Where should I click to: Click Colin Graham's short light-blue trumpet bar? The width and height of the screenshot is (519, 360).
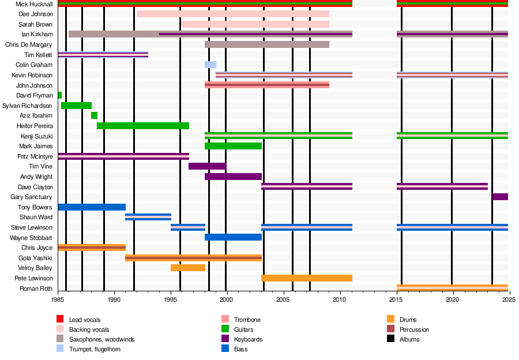210,65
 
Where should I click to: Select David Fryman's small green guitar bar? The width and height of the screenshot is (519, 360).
60,95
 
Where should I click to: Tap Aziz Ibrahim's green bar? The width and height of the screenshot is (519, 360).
95,115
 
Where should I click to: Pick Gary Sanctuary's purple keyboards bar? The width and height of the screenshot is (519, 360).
500,197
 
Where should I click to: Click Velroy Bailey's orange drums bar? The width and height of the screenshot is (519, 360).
188,268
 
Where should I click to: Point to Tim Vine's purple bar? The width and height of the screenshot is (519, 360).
208,166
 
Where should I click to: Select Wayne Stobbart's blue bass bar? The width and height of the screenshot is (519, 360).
234,237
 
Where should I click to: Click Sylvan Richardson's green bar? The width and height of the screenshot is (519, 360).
77,106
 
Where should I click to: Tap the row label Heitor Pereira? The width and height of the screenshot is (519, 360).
35,126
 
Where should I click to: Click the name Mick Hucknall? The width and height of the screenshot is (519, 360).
34,4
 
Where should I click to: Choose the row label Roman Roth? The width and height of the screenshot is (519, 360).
36,288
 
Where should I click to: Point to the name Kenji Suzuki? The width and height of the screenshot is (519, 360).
37,136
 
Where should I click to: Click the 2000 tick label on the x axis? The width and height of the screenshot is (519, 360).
227,299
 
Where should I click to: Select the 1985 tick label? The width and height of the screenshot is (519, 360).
58,299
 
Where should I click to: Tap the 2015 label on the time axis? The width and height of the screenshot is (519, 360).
396,299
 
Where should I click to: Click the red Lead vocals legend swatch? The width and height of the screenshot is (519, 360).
60,319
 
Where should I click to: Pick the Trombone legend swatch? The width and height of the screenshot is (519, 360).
225,319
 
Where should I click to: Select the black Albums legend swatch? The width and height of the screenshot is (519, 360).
390,339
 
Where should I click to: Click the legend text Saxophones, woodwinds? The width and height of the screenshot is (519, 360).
102,339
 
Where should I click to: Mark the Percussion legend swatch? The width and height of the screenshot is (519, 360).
390,329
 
